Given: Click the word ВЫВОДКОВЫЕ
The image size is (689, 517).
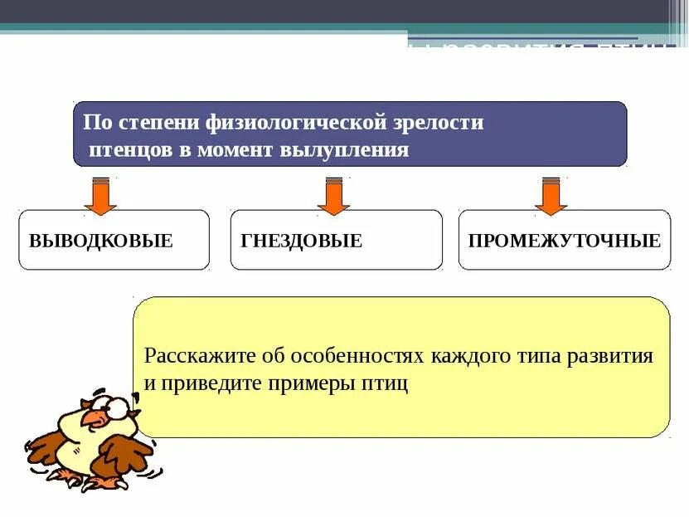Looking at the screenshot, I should pyautogui.click(x=100, y=241).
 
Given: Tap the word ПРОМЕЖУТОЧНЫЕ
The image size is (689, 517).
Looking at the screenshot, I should pyautogui.click(x=564, y=241).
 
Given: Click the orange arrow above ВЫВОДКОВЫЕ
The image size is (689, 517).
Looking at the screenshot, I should pyautogui.click(x=100, y=196).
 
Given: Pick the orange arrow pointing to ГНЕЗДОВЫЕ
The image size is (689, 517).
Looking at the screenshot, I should pyautogui.click(x=333, y=196).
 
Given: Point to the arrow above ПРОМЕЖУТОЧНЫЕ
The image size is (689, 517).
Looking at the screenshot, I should pyautogui.click(x=551, y=196).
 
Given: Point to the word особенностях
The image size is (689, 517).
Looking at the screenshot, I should pyautogui.click(x=357, y=357).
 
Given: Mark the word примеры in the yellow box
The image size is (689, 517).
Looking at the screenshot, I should pyautogui.click(x=310, y=384).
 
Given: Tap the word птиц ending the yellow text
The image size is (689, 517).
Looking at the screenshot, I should pyautogui.click(x=388, y=384).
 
